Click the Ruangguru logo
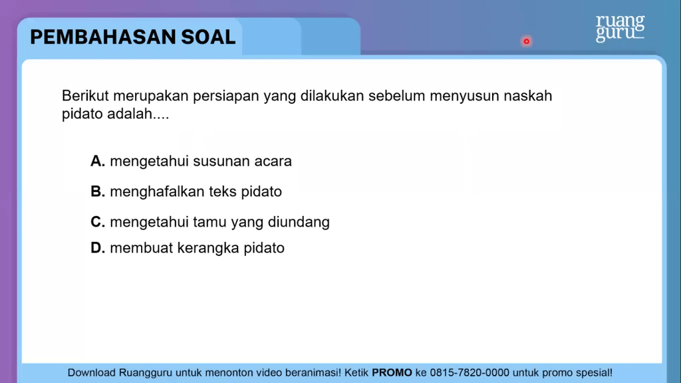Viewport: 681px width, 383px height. tap(620, 28)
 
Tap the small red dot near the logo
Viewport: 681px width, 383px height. tap(526, 41)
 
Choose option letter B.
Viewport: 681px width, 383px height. tap(98, 192)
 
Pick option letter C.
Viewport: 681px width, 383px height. tap(98, 222)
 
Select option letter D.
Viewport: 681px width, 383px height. tap(98, 249)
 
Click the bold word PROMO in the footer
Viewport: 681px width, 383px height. tap(392, 373)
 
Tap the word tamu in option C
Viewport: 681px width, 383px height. tap(209, 222)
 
